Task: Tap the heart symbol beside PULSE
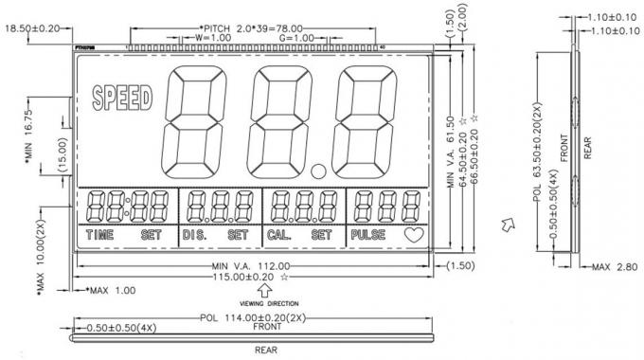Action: coord(413,233)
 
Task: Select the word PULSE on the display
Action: coord(367,233)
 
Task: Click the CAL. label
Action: coord(279,233)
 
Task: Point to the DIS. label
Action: coord(195,233)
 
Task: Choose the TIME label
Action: coord(99,233)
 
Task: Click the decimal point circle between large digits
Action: coord(318,171)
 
